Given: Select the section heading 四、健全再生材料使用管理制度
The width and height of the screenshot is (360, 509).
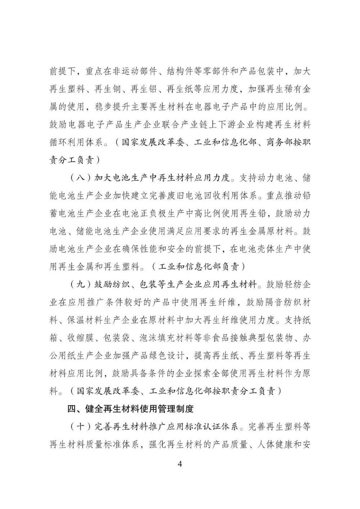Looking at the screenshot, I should pyautogui.click(x=131, y=409).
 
